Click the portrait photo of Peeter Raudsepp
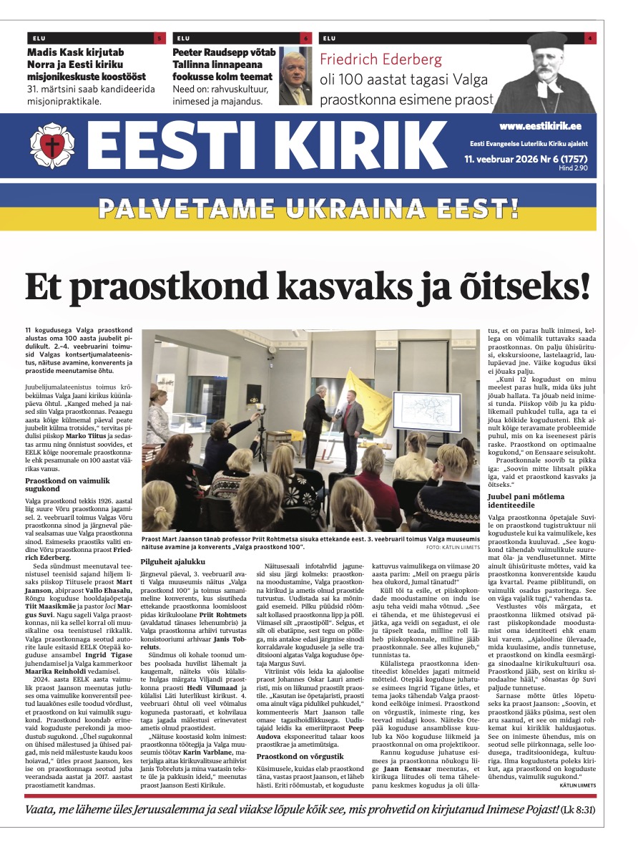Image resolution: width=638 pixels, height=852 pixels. pos(295,77)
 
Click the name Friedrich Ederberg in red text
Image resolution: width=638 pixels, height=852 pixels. pos(381,59)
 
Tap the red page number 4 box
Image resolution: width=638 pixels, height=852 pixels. pos(589,38)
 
